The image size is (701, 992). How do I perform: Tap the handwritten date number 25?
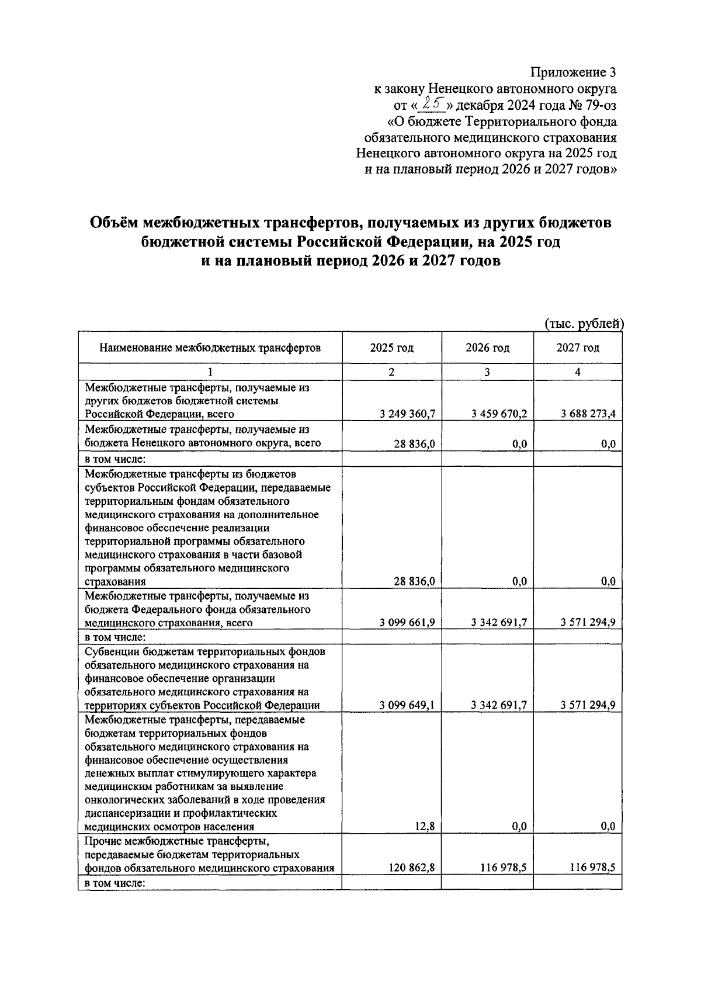tap(434, 105)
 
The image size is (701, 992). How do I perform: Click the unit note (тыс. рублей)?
tap(584, 324)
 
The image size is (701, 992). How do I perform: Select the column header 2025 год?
tap(391, 348)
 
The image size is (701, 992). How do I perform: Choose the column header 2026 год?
tap(487, 348)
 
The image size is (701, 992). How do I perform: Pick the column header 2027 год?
tap(578, 348)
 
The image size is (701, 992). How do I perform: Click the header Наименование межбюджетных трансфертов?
tap(210, 348)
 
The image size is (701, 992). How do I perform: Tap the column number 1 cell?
tap(210, 372)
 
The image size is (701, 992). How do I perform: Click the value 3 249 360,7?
tap(407, 414)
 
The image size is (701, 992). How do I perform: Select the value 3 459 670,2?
tap(499, 414)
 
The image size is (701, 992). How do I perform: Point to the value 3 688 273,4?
tap(588, 414)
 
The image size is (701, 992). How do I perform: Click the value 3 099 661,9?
tap(407, 623)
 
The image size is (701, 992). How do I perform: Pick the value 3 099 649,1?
tap(407, 705)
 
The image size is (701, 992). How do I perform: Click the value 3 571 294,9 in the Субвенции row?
tap(588, 705)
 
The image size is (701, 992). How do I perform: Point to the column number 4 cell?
tap(578, 372)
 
